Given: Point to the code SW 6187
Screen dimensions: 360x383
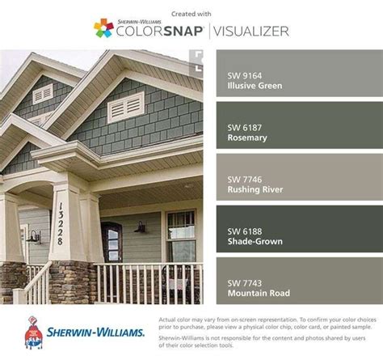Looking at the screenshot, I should point(243,127).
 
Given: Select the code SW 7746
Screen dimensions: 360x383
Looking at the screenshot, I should point(243,179).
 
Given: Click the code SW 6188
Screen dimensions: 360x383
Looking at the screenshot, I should point(243,231).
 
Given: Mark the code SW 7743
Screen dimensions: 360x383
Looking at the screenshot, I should point(243,282).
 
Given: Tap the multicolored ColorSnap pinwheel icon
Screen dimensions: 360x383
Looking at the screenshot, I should point(103,28).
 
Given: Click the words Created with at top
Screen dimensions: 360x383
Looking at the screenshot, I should point(191,12).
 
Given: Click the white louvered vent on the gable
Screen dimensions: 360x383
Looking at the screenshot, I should point(125,106).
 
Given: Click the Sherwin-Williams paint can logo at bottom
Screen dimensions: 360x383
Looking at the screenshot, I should point(33,332).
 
